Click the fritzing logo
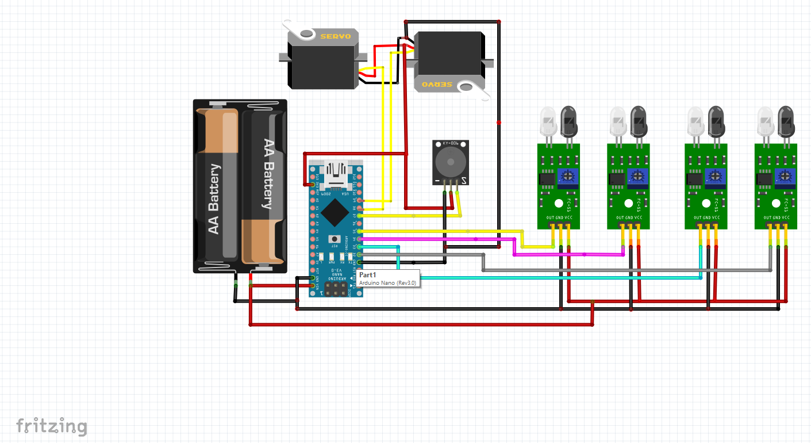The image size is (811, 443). tap(52, 426)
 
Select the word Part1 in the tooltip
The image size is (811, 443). tap(367, 275)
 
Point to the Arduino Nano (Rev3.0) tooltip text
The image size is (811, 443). tap(387, 283)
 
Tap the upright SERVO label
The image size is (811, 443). tap(335, 36)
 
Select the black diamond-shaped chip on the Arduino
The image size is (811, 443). tap(334, 212)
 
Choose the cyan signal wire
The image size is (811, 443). tap(517, 278)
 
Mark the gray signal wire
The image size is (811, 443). tap(575, 269)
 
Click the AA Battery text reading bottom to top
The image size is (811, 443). tap(214, 198)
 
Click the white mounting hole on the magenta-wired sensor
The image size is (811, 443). tap(628, 203)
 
